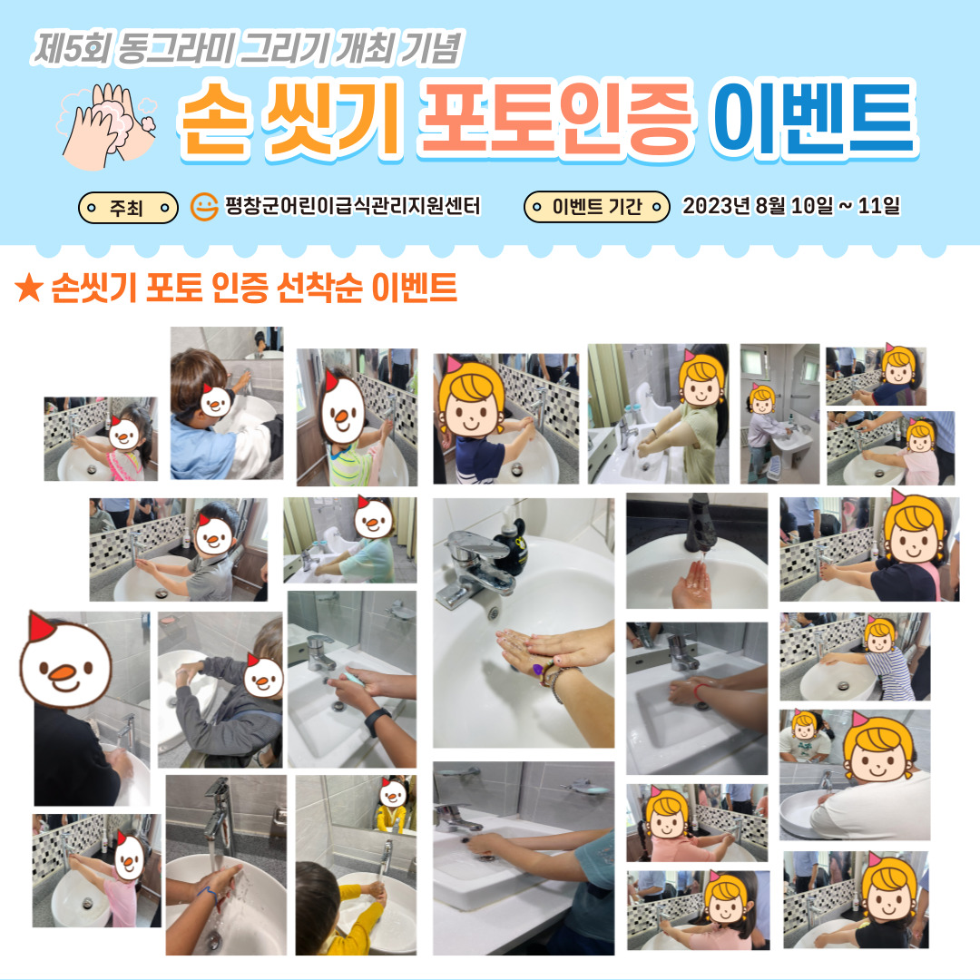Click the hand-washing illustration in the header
pyautogui.click(x=107, y=125)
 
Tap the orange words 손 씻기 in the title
pyautogui.click(x=289, y=119)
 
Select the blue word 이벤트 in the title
pyautogui.click(x=812, y=119)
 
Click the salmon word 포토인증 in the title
pyautogui.click(x=555, y=119)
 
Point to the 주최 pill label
pyautogui.click(x=128, y=208)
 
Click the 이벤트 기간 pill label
pyautogui.click(x=597, y=207)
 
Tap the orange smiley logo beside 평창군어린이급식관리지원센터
pyautogui.click(x=204, y=207)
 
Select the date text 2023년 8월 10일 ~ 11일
pyautogui.click(x=790, y=206)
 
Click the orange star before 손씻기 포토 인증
pyautogui.click(x=29, y=289)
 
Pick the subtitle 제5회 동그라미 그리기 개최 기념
pyautogui.click(x=248, y=49)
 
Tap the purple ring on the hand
pyautogui.click(x=537, y=670)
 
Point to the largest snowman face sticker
pyautogui.click(x=64, y=660)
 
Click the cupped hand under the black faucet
pyautogui.click(x=691, y=585)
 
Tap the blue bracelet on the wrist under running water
pyautogui.click(x=211, y=898)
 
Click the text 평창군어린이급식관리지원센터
pyautogui.click(x=353, y=206)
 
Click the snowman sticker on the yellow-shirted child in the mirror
pyautogui.click(x=393, y=792)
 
